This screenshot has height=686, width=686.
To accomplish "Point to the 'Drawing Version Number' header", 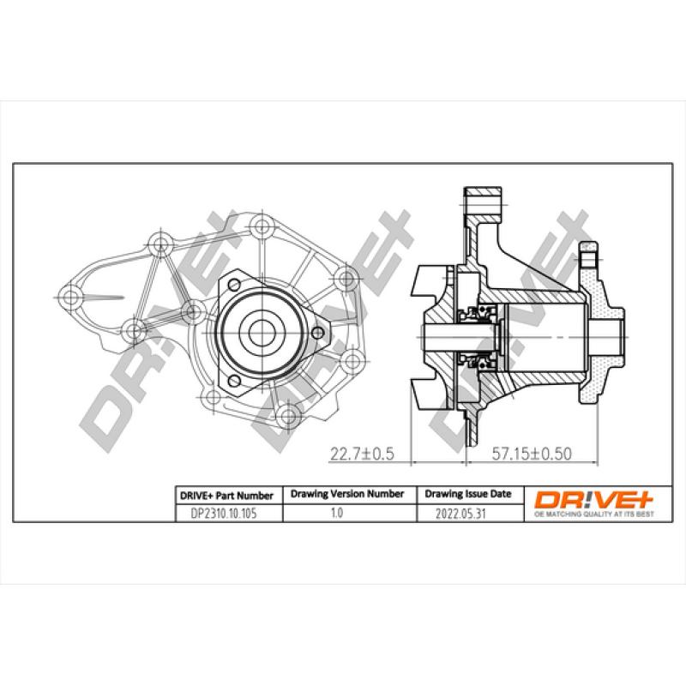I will [x=347, y=495].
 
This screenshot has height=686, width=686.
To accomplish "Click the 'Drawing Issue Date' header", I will [x=468, y=495].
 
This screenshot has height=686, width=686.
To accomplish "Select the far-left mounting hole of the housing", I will [x=74, y=298].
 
